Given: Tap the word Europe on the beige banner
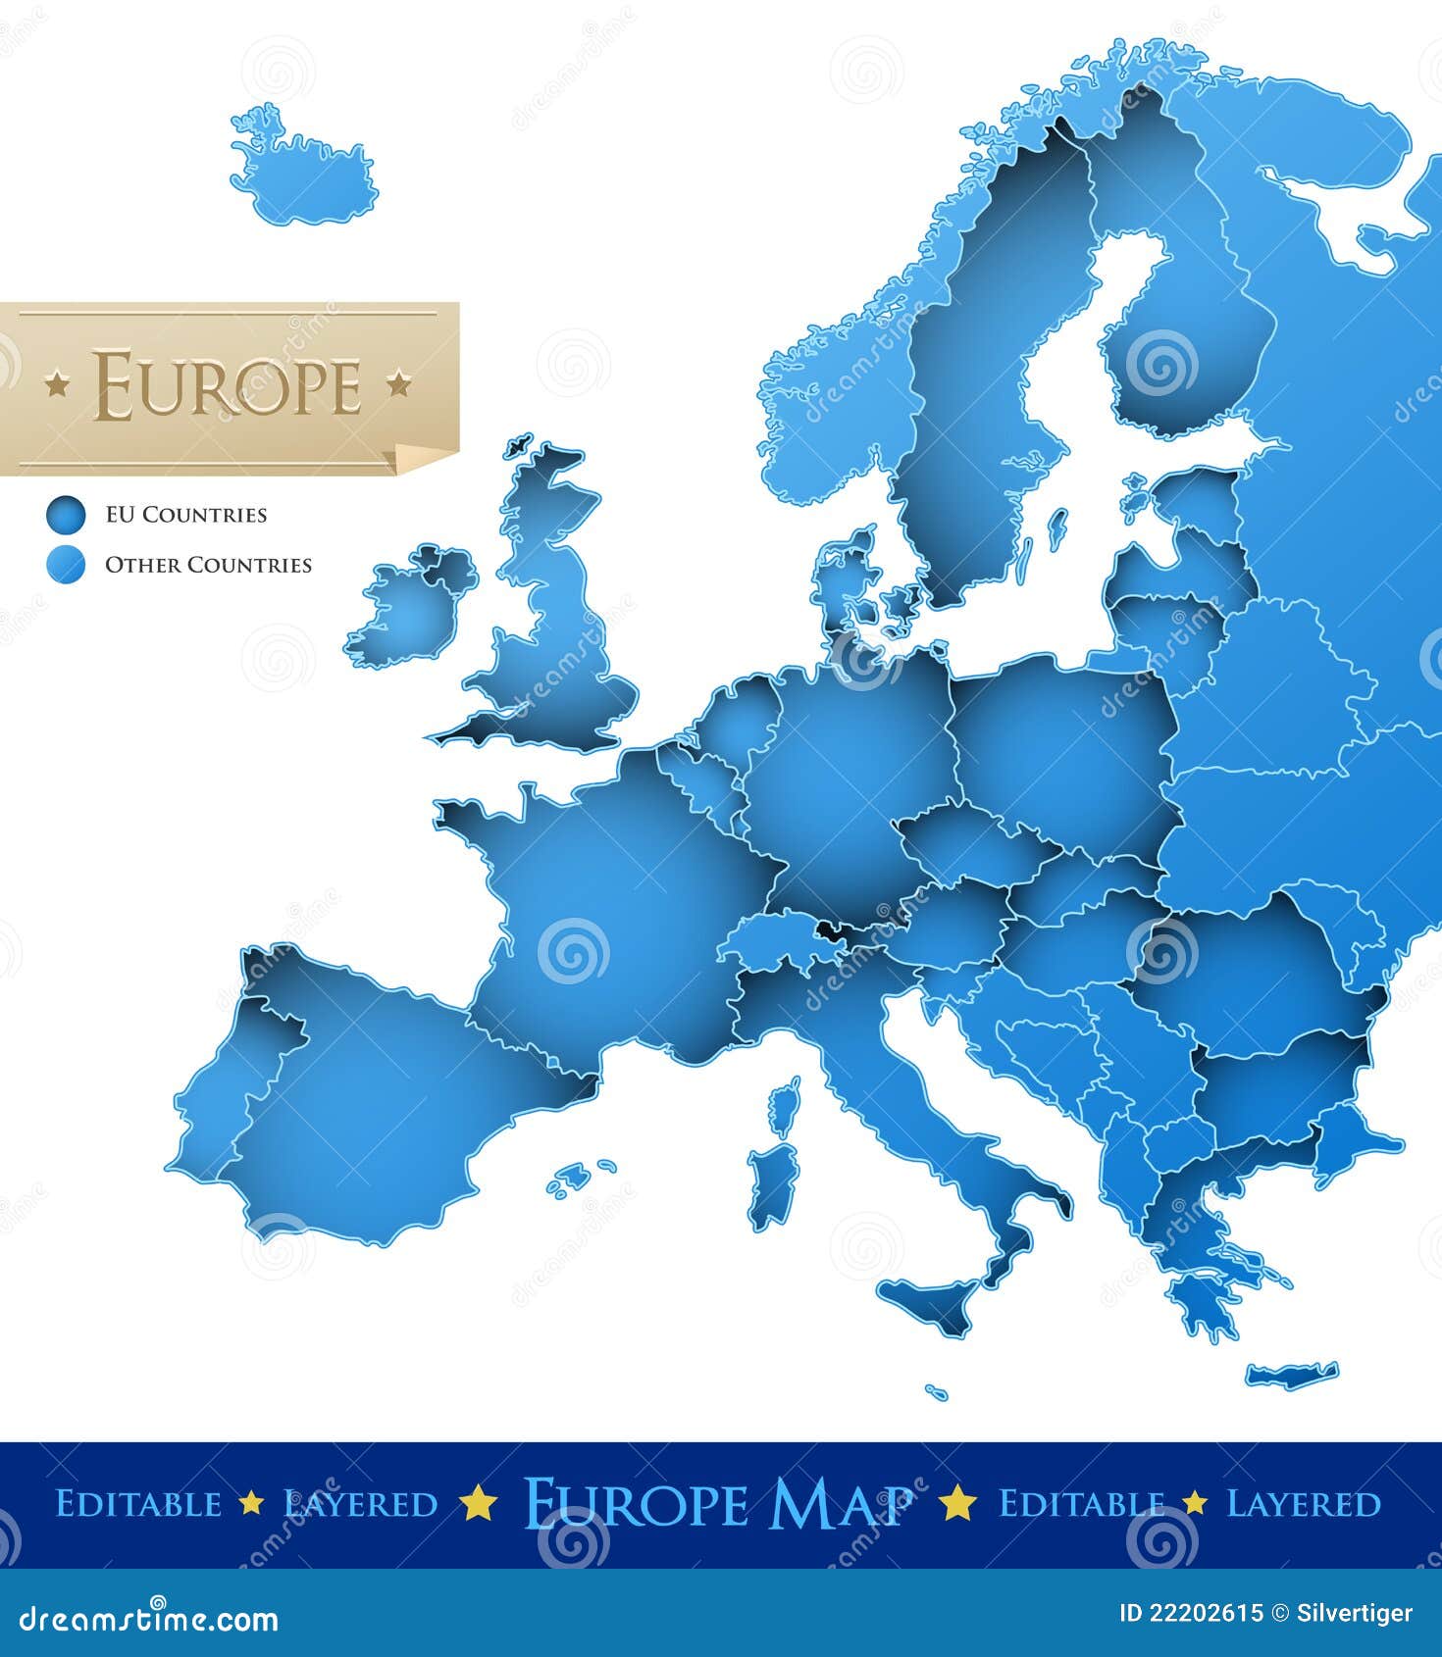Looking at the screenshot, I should click(x=228, y=385).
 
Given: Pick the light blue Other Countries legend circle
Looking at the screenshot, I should click(x=66, y=565).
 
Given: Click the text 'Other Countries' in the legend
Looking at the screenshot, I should click(x=208, y=566).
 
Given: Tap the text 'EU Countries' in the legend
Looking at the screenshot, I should click(x=185, y=515).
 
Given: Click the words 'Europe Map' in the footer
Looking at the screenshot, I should click(x=717, y=1503).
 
